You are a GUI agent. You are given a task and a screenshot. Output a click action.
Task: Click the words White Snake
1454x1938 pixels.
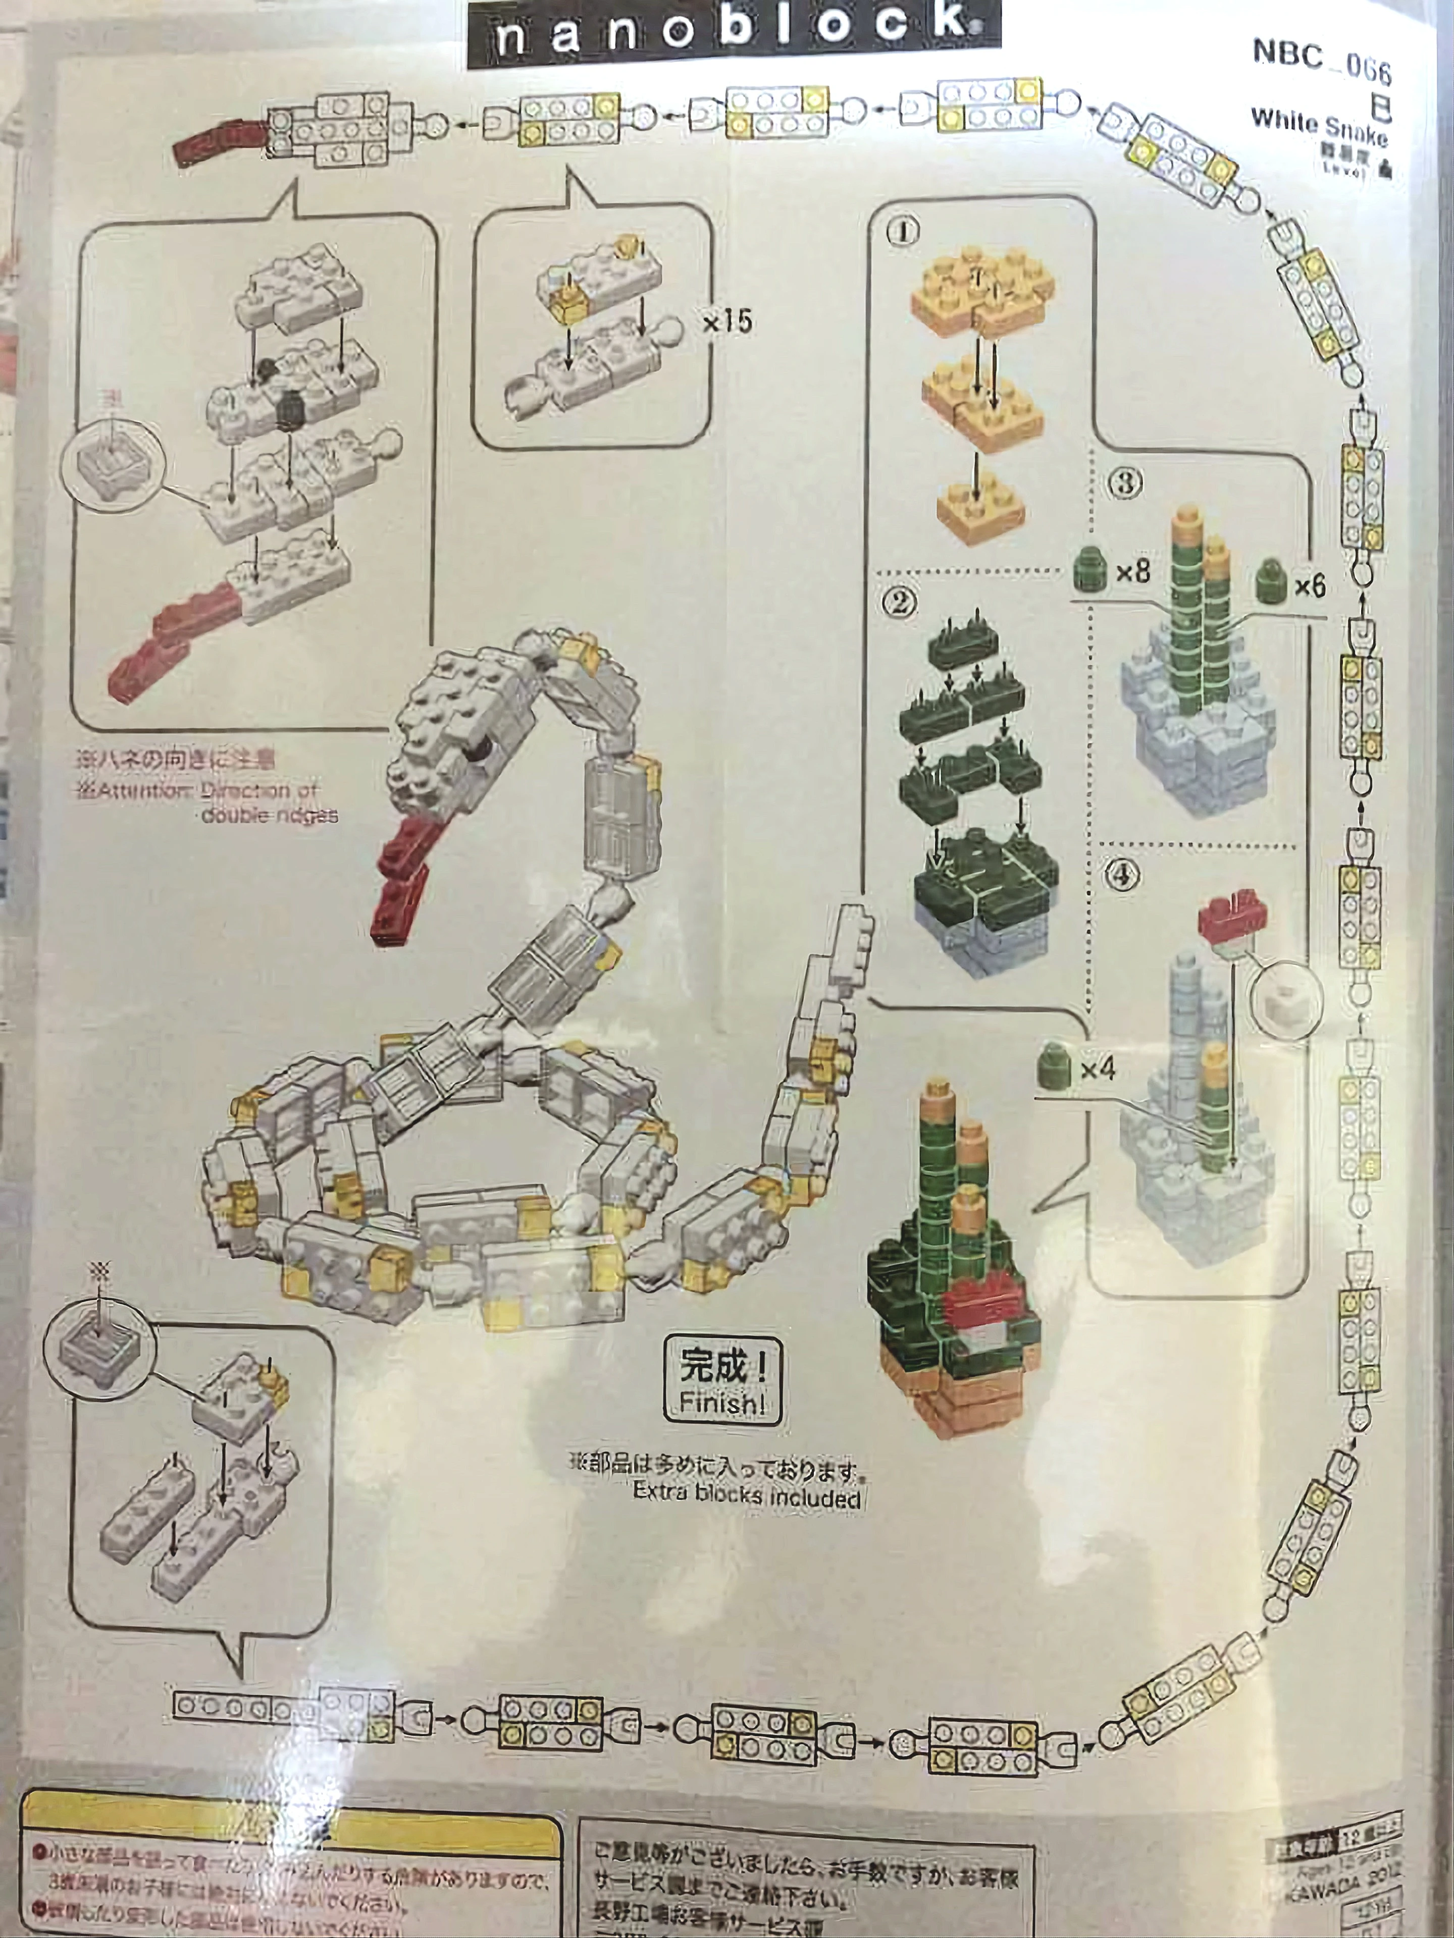tap(1319, 126)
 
